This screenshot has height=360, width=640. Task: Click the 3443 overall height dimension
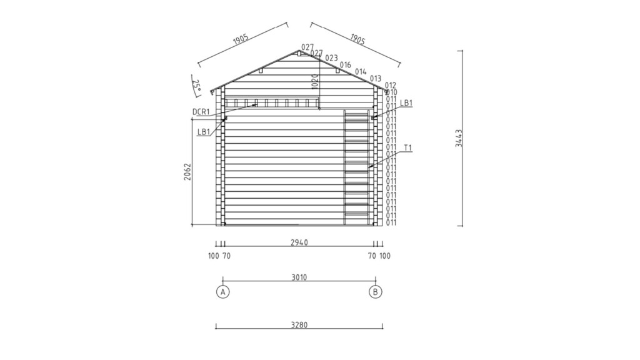pyautogui.click(x=459, y=138)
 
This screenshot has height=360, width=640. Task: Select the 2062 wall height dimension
pyautogui.click(x=187, y=172)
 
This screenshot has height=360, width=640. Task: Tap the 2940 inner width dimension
pyautogui.click(x=299, y=242)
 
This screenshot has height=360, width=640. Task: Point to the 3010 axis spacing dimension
pyautogui.click(x=299, y=277)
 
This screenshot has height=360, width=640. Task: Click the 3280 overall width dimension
pyautogui.click(x=299, y=325)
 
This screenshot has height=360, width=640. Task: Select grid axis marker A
pyautogui.click(x=223, y=292)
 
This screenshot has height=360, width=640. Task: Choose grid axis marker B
pyautogui.click(x=376, y=292)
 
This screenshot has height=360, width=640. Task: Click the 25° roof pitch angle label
pyautogui.click(x=197, y=85)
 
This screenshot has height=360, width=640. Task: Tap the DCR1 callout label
pyautogui.click(x=201, y=112)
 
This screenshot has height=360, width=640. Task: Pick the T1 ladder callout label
pyautogui.click(x=408, y=147)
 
